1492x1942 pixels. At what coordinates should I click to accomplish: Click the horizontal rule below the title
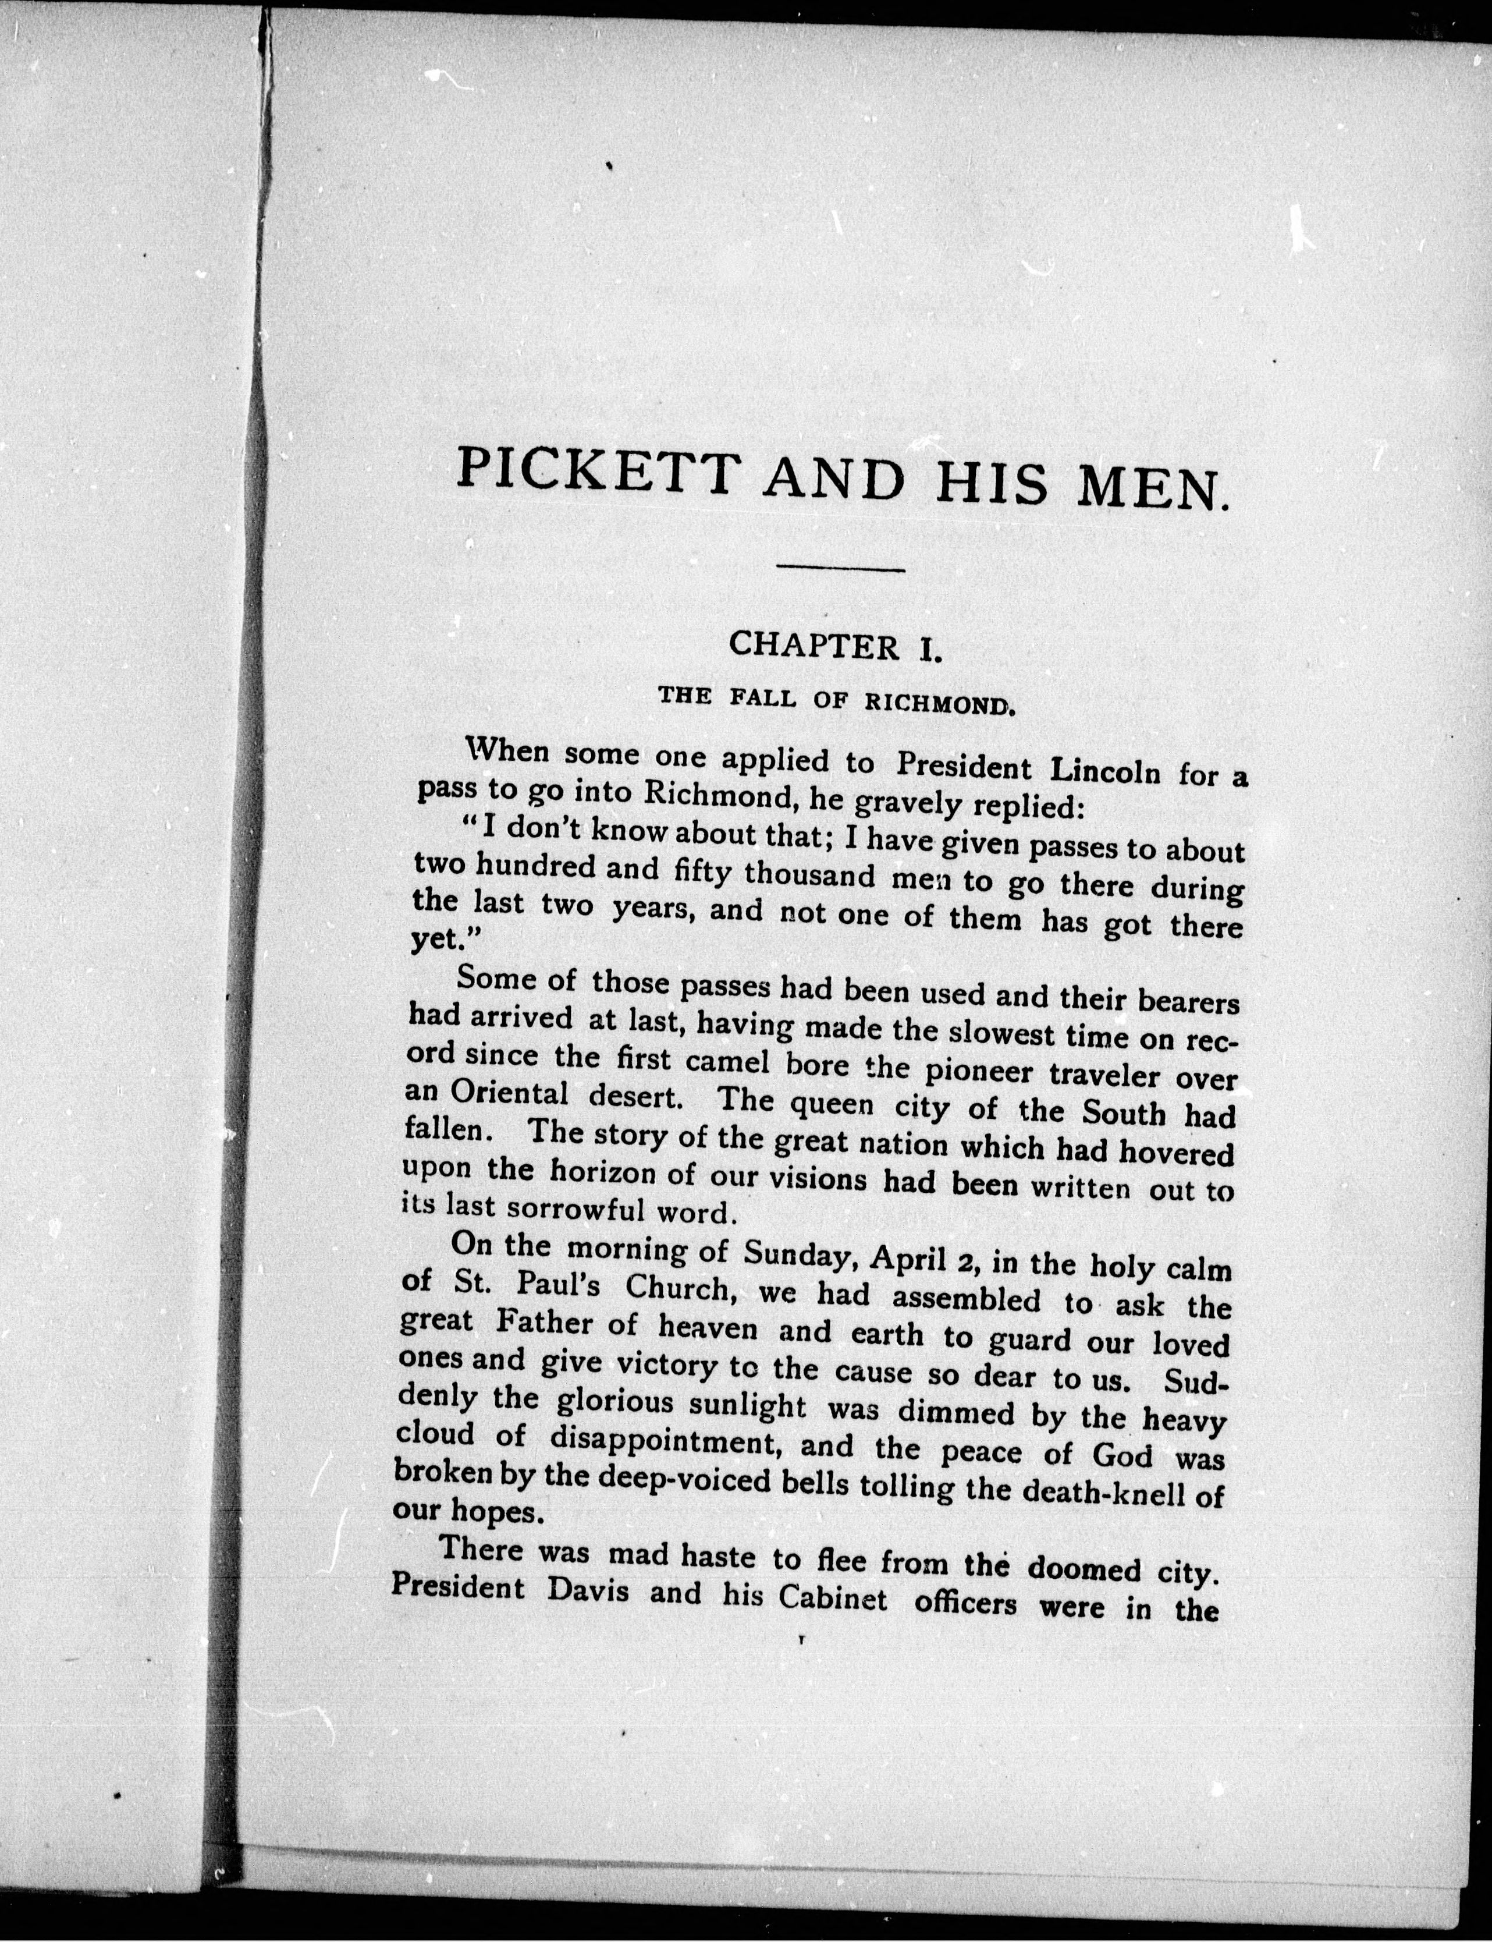(840, 569)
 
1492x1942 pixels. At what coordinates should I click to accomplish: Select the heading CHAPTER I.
(833, 646)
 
